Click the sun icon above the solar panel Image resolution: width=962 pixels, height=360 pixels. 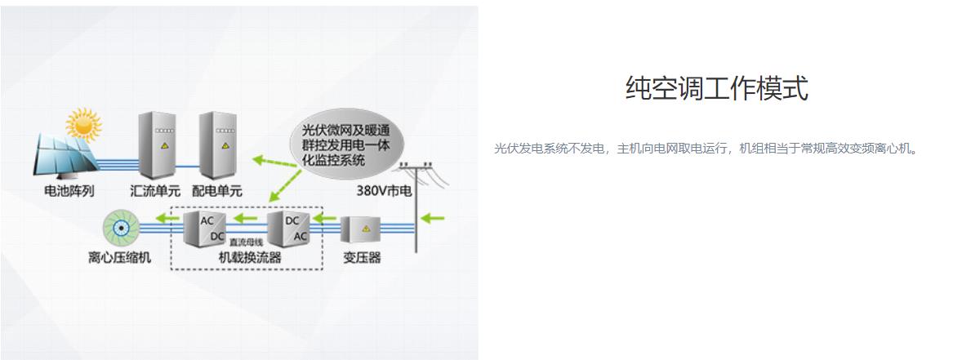click(83, 125)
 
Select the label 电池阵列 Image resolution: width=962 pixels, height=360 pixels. click(69, 191)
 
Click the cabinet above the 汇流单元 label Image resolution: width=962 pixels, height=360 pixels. click(157, 144)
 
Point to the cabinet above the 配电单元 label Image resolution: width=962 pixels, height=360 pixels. click(217, 144)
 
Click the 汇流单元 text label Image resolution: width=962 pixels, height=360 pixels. click(156, 191)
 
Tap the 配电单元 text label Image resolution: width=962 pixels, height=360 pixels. click(217, 191)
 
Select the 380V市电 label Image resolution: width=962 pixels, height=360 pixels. click(385, 191)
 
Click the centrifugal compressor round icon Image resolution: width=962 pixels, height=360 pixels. click(121, 228)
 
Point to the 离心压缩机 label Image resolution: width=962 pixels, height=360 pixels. click(119, 258)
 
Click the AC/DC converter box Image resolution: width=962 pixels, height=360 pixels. click(205, 228)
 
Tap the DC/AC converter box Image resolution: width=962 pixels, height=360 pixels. click(288, 228)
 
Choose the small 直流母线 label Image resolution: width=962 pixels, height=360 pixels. click(246, 243)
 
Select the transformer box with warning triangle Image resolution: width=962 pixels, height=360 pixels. click(361, 229)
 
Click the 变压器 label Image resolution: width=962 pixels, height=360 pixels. click(362, 258)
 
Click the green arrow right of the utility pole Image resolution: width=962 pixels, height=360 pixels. click(433, 218)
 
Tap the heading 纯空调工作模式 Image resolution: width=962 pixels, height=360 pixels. click(716, 87)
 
